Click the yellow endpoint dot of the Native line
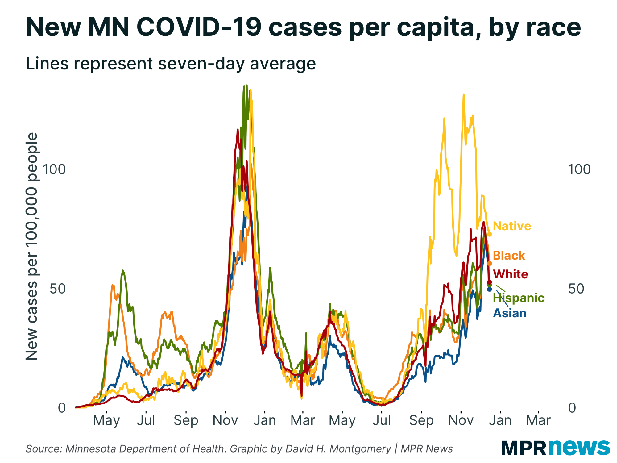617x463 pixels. pyautogui.click(x=489, y=234)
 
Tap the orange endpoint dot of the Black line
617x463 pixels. pyautogui.click(x=489, y=263)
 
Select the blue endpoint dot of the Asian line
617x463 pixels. pyautogui.click(x=489, y=289)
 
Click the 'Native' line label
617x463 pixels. pyautogui.click(x=512, y=226)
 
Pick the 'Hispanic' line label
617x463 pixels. pyautogui.click(x=519, y=298)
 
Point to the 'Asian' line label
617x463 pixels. pyautogui.click(x=510, y=313)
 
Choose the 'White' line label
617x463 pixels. pyautogui.click(x=510, y=274)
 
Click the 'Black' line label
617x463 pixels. pyautogui.click(x=509, y=256)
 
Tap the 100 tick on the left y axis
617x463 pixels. pyautogui.click(x=54, y=169)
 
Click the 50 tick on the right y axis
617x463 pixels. pyautogui.click(x=576, y=289)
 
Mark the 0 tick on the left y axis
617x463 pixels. pyautogui.click(x=62, y=408)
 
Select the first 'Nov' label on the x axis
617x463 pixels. pyautogui.click(x=225, y=420)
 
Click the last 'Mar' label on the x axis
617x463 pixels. pyautogui.click(x=538, y=420)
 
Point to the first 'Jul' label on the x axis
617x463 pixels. pyautogui.click(x=146, y=420)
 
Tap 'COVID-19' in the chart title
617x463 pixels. pyautogui.click(x=199, y=27)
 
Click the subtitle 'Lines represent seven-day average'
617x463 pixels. pyautogui.click(x=171, y=64)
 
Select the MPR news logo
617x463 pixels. pyautogui.click(x=555, y=447)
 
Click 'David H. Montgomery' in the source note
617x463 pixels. pyautogui.click(x=338, y=448)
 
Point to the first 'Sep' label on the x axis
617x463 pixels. pyautogui.click(x=186, y=420)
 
